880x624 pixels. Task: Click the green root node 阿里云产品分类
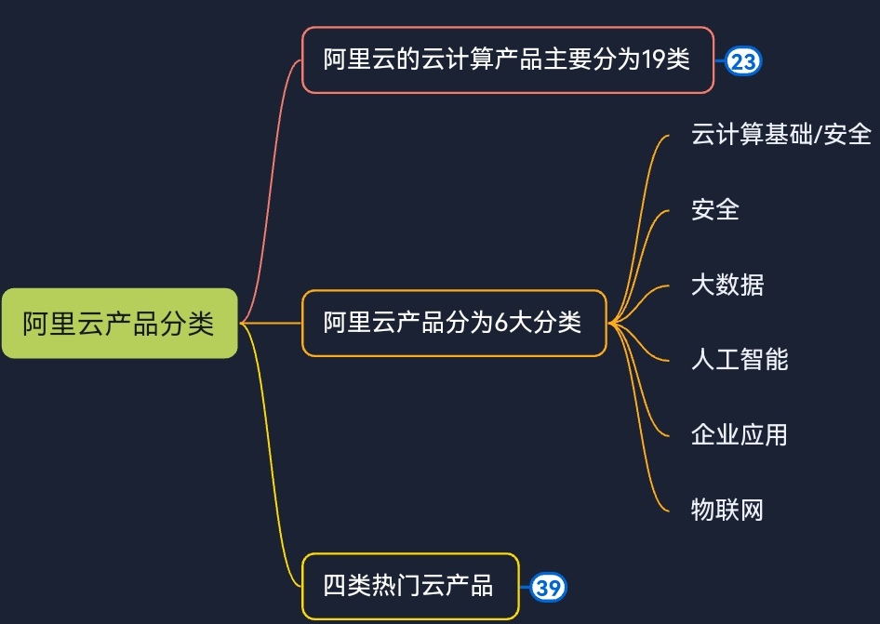click(119, 324)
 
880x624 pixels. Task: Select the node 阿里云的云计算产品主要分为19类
click(507, 60)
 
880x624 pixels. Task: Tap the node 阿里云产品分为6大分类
click(453, 323)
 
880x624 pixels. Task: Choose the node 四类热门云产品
click(409, 587)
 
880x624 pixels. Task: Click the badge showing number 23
click(743, 61)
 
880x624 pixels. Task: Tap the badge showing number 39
click(549, 588)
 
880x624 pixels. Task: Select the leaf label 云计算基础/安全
click(780, 134)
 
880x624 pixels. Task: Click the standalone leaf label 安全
click(714, 209)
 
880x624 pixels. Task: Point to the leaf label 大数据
click(727, 285)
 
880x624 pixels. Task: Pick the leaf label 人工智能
click(740, 359)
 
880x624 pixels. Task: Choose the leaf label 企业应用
click(739, 434)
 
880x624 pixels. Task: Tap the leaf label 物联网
click(727, 510)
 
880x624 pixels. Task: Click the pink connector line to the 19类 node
click(271, 186)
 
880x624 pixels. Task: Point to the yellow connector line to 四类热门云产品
click(271, 465)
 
